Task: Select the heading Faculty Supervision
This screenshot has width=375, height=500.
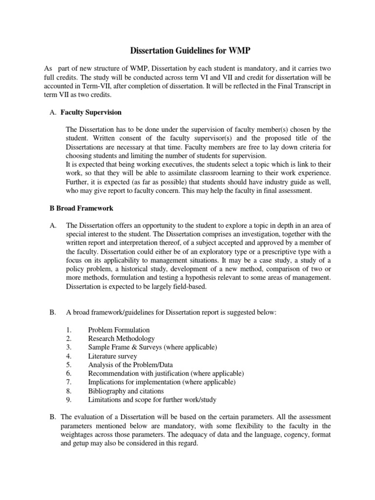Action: tap(91, 113)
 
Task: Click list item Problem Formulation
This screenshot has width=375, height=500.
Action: tap(119, 330)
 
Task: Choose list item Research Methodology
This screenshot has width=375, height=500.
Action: tap(121, 338)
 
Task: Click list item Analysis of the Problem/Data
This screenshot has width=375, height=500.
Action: tap(130, 365)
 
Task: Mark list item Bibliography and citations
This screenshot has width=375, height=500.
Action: tap(126, 391)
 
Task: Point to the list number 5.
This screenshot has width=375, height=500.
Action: tap(68, 365)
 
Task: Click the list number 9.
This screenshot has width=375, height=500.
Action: tap(68, 400)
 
